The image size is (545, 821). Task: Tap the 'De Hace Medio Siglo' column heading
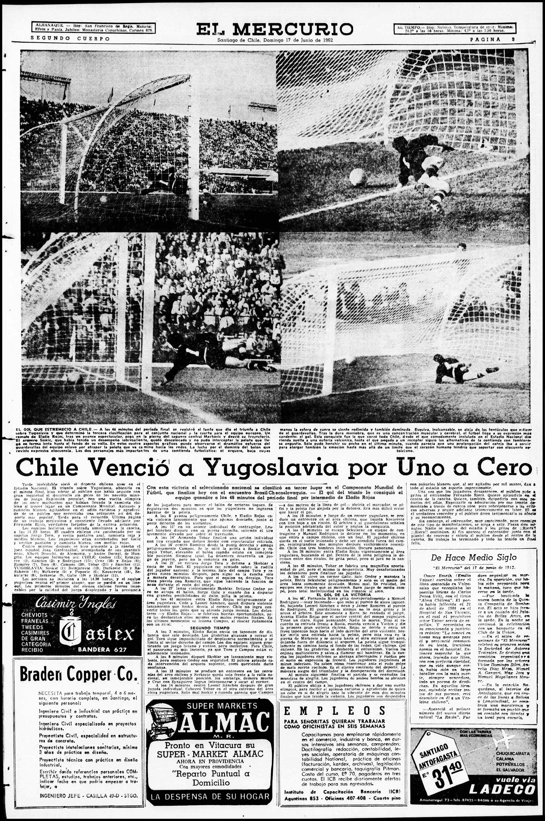(x=473, y=558)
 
